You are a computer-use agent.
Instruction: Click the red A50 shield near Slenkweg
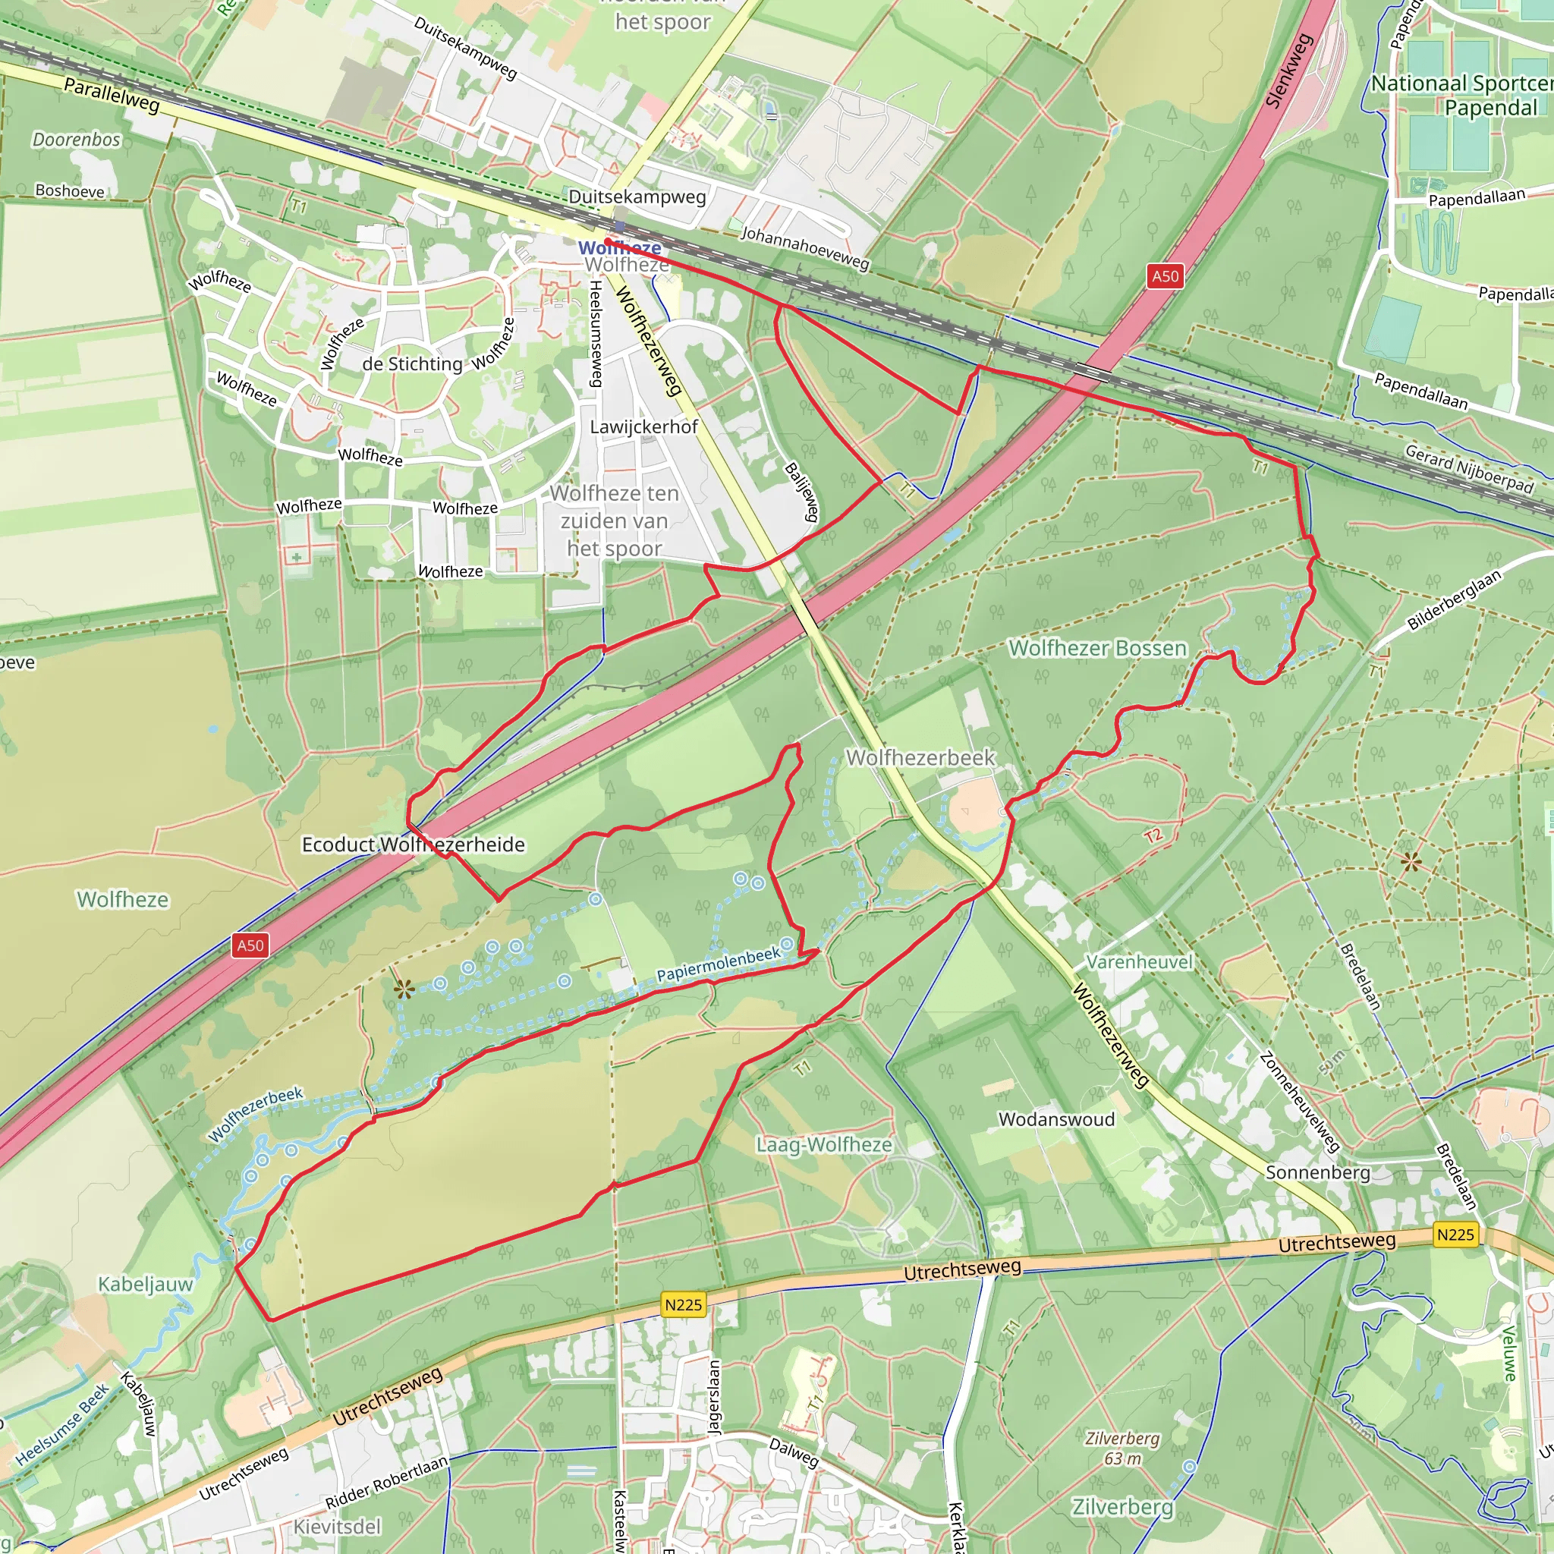click(x=1165, y=277)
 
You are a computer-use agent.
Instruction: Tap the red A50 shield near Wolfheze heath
click(x=250, y=945)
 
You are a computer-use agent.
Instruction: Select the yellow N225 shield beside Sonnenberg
click(x=1455, y=1235)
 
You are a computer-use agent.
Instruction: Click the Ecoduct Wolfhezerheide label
click(x=413, y=845)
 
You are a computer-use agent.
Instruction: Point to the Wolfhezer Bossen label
click(x=1097, y=648)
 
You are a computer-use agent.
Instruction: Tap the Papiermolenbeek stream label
click(x=719, y=964)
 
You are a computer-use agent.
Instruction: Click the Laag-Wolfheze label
click(x=823, y=1144)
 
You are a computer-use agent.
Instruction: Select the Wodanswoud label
click(x=1056, y=1120)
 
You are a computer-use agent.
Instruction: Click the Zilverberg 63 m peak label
click(x=1122, y=1448)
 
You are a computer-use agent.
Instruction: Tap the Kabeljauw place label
click(x=146, y=1284)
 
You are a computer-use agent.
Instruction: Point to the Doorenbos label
click(x=77, y=140)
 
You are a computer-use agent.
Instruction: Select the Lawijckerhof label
click(x=643, y=427)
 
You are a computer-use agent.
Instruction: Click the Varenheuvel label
click(x=1139, y=962)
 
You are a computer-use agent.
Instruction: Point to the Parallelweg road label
click(x=112, y=95)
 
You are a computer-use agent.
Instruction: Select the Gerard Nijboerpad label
click(x=1469, y=468)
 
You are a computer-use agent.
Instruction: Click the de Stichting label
click(x=412, y=364)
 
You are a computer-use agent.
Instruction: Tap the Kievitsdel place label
click(x=337, y=1527)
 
